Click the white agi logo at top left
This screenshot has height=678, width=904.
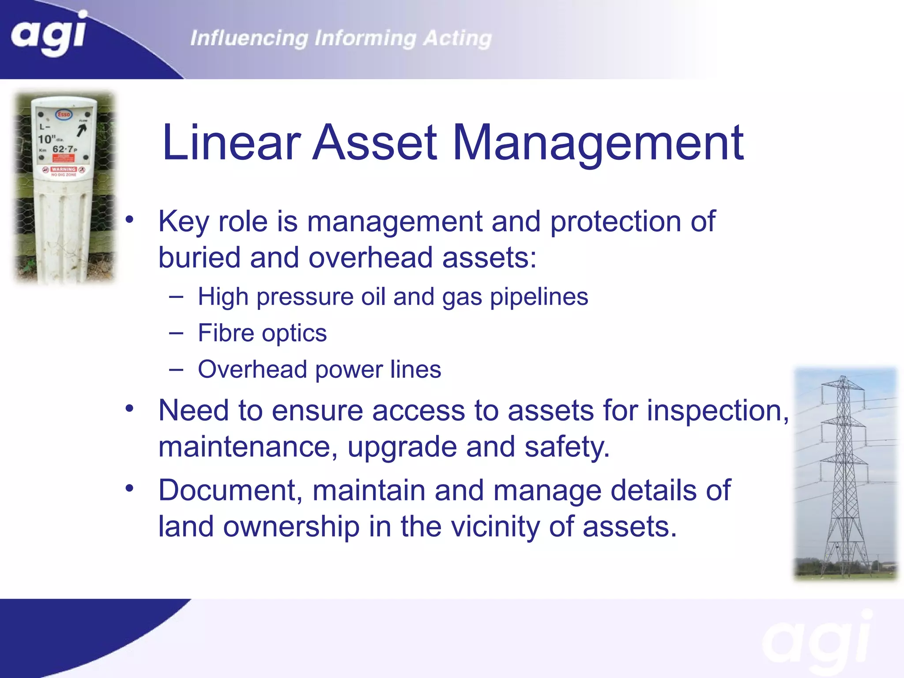49,33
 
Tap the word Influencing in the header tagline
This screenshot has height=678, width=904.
249,38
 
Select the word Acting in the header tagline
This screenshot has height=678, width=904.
457,38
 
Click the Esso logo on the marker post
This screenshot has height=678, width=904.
64,114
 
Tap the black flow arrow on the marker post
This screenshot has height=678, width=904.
82,130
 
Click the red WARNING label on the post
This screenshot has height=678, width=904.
64,169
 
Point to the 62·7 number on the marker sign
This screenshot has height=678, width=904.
63,149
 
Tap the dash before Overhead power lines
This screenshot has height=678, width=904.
176,369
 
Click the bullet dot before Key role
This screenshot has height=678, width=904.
129,219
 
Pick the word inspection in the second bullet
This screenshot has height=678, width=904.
717,411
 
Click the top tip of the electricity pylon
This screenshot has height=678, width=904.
843,377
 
